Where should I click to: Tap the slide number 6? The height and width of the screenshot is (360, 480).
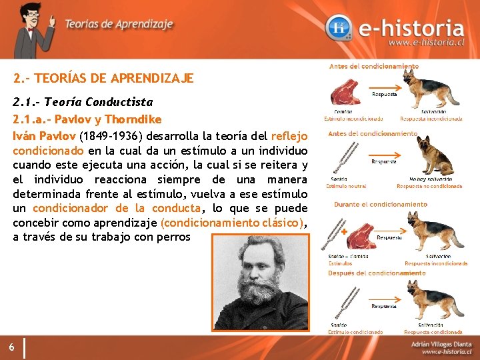tap(13, 347)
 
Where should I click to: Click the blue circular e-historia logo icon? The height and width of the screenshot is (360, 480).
tap(340, 28)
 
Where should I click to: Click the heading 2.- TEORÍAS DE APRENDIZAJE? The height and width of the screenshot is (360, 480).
tap(103, 79)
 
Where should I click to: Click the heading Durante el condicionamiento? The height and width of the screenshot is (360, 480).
tap(380, 204)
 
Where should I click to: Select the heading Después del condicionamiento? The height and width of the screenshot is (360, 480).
tap(376, 273)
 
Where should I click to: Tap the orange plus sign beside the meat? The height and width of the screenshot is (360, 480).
tap(344, 232)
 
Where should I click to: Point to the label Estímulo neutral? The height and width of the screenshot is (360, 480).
tap(347, 187)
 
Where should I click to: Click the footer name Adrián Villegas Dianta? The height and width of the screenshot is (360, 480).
tap(441, 343)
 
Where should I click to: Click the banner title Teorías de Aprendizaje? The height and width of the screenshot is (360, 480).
tap(119, 24)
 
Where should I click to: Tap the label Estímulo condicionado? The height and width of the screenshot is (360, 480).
tap(355, 332)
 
